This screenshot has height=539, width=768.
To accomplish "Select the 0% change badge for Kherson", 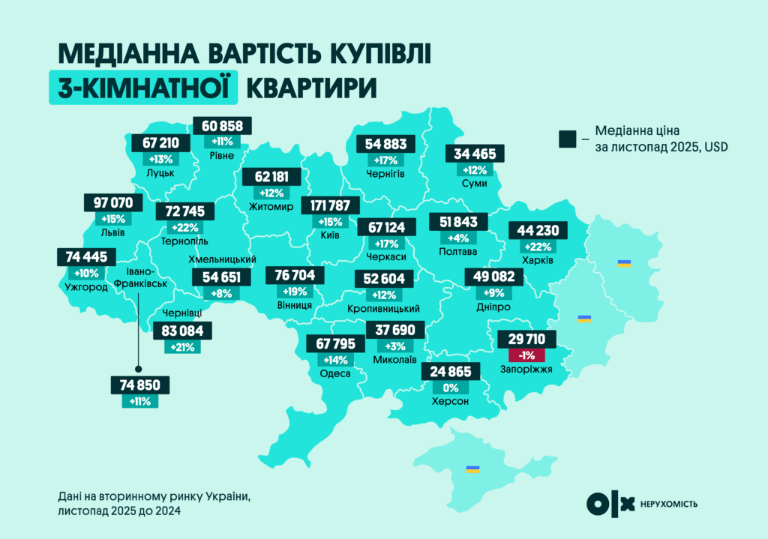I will [450, 388].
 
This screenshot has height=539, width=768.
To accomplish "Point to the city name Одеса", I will [335, 373].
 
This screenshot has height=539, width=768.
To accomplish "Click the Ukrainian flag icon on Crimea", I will [472, 469].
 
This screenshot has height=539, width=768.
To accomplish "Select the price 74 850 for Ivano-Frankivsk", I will [139, 385].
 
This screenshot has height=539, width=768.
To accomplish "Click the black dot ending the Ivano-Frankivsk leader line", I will [138, 369].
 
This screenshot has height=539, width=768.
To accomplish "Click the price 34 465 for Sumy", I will [475, 154].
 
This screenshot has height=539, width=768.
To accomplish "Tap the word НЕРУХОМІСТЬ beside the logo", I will [669, 504].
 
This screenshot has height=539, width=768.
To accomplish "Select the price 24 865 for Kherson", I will [450, 372].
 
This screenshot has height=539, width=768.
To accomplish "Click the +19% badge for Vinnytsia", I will [295, 292].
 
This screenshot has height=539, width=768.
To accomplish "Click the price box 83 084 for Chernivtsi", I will [182, 330].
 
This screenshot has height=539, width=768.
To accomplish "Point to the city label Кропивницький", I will [383, 309].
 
